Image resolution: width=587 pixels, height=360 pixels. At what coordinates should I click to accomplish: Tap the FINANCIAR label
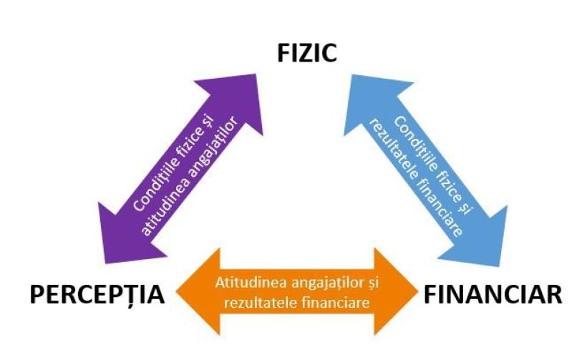click(x=493, y=294)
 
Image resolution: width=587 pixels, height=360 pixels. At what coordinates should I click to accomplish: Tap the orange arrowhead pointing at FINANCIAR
click(x=401, y=293)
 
